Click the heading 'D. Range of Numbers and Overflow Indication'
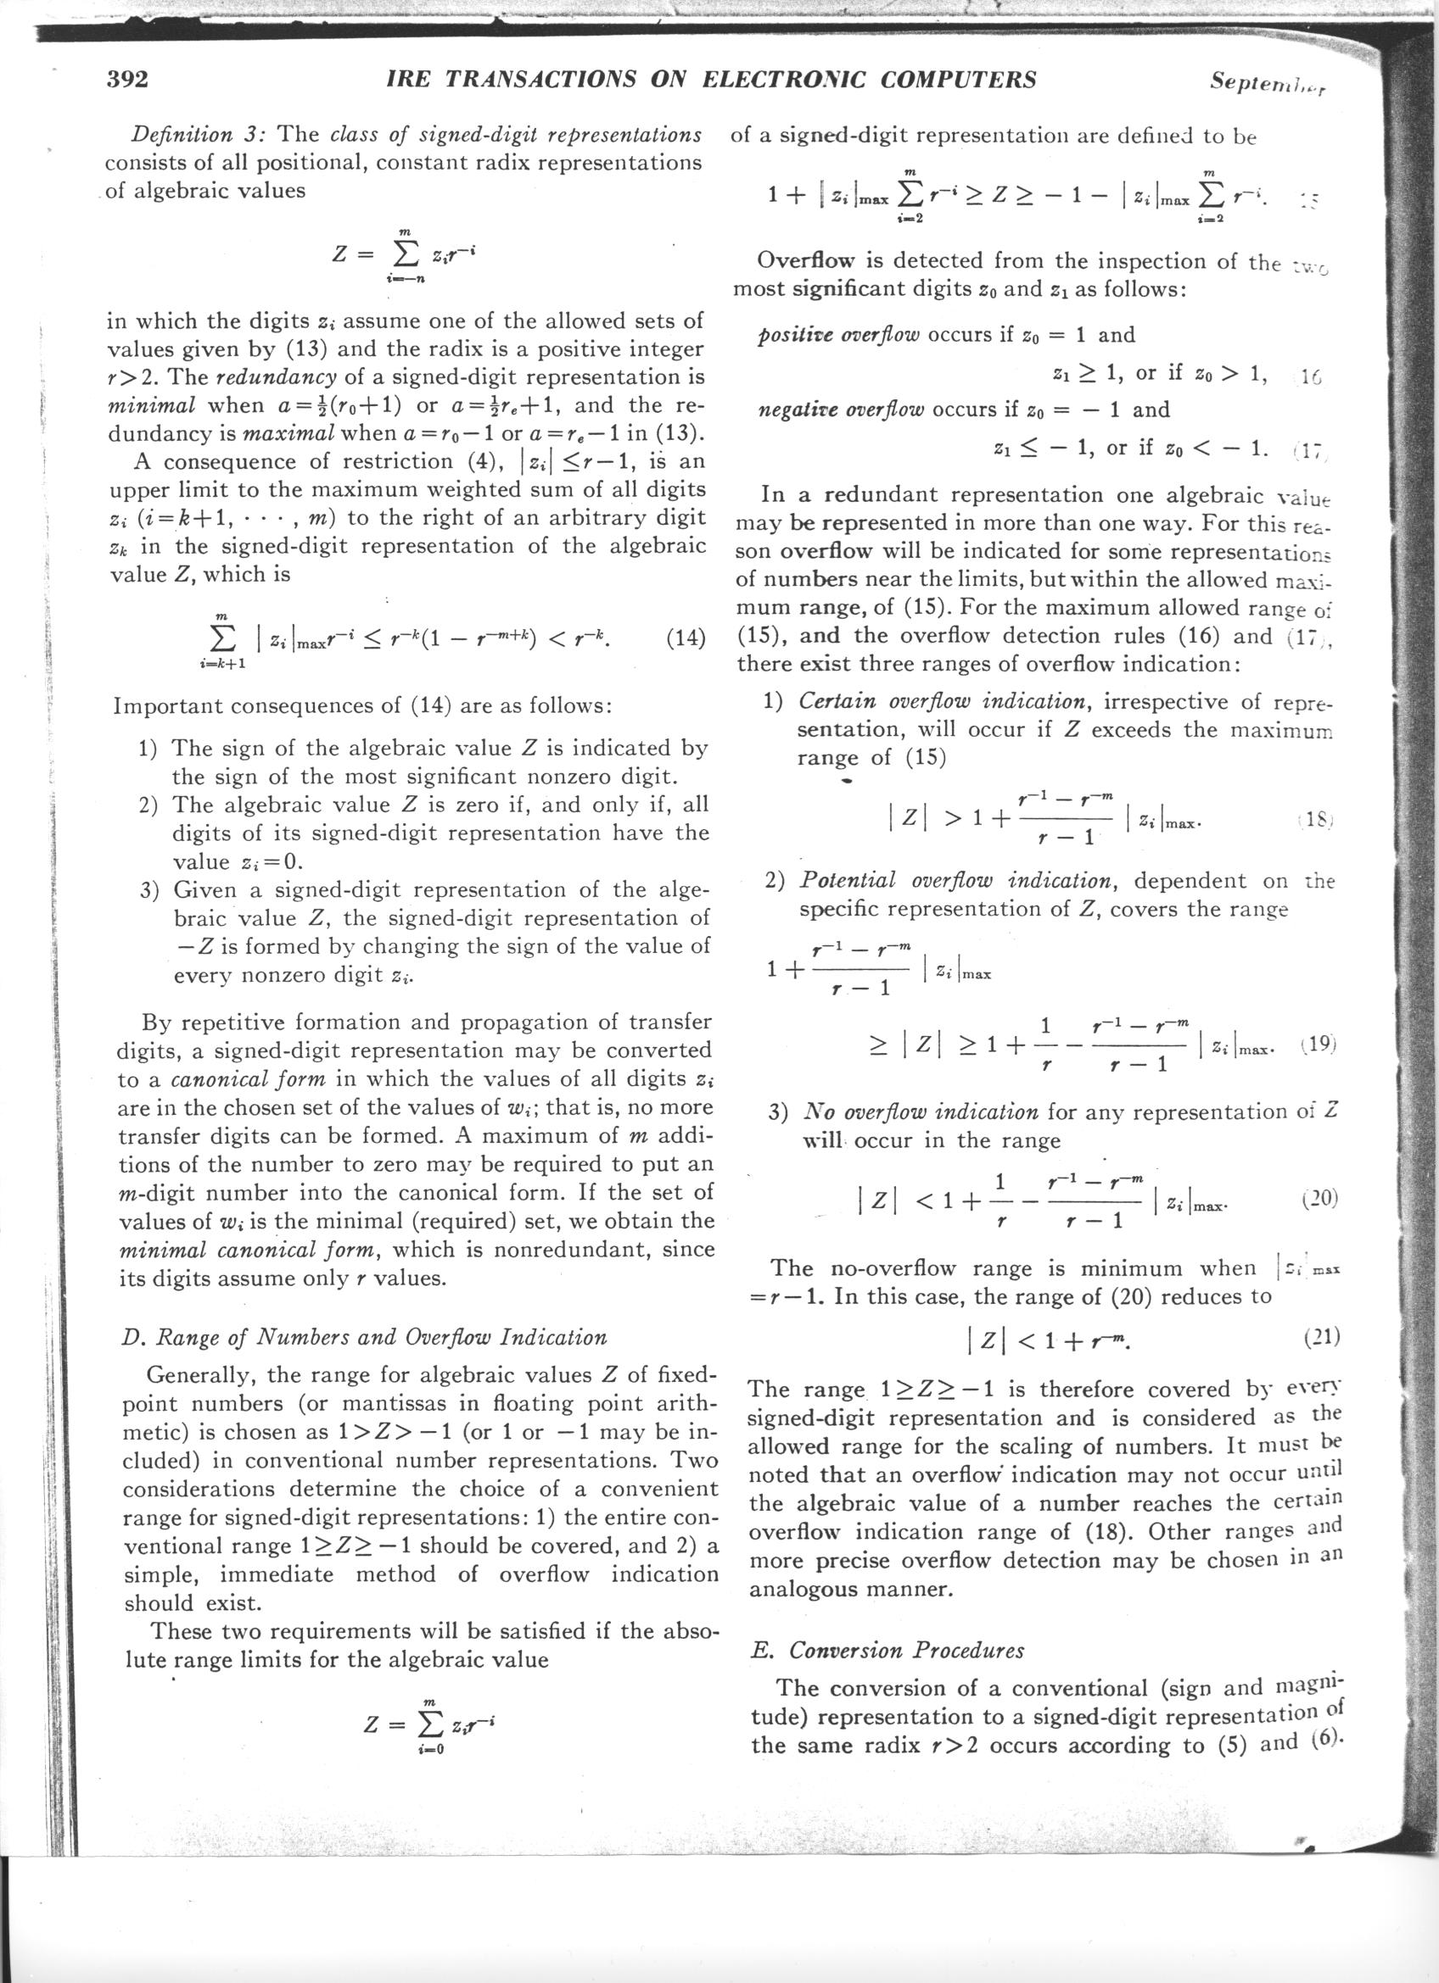pyautogui.click(x=362, y=1337)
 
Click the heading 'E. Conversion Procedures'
pyautogui.click(x=887, y=1651)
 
